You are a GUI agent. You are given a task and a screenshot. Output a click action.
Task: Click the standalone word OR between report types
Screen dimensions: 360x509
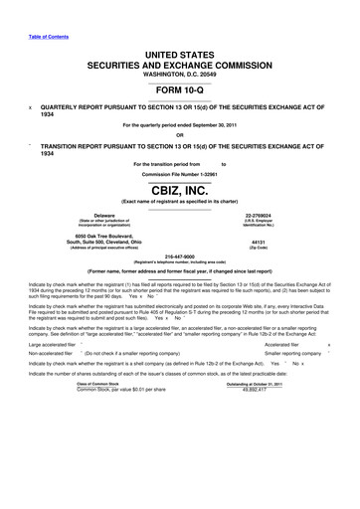[179, 137]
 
